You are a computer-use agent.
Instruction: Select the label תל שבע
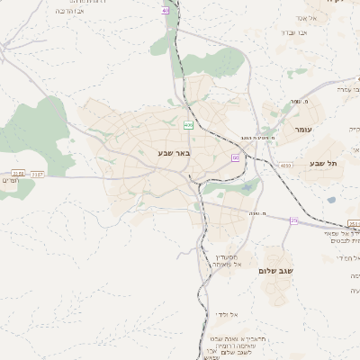(x=321, y=163)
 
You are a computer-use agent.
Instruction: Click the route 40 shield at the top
(x=166, y=10)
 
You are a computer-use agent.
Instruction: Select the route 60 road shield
(x=235, y=157)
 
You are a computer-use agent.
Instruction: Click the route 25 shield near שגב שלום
(x=293, y=220)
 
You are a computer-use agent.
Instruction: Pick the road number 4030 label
(x=285, y=166)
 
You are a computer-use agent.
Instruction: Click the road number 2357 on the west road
(x=37, y=173)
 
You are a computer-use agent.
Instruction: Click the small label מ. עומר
(x=289, y=103)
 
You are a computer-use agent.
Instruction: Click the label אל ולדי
(x=227, y=313)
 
